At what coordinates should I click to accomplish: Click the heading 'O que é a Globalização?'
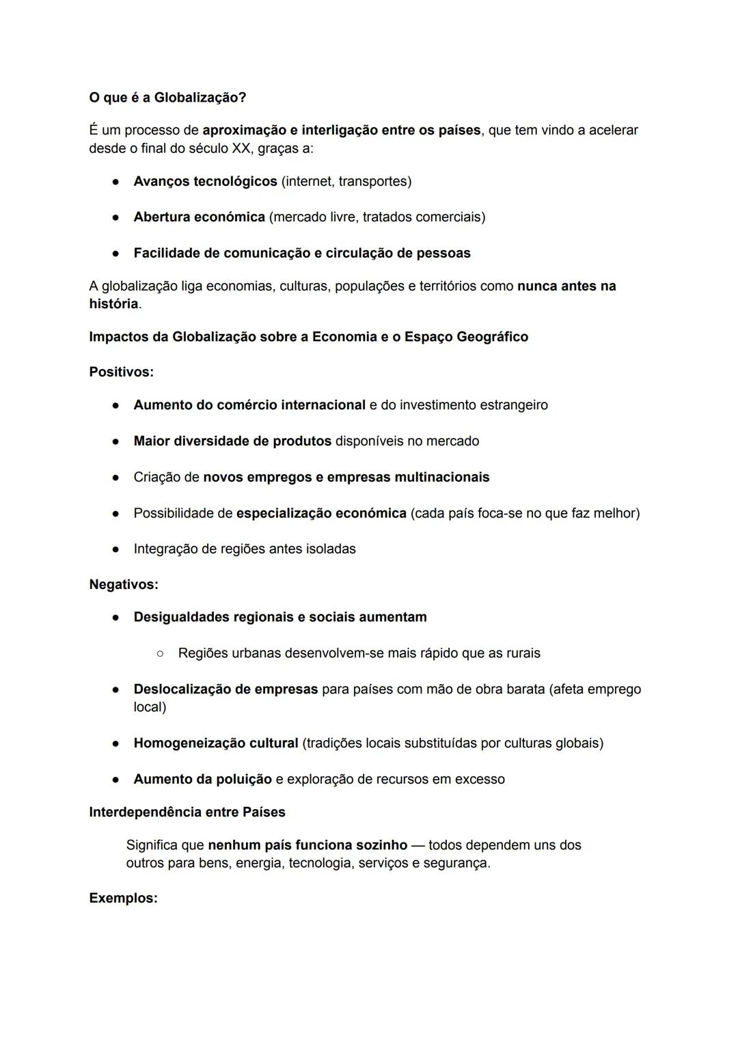(x=167, y=98)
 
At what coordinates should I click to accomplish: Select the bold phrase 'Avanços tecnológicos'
(x=205, y=182)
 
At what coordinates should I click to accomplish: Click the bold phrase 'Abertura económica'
(x=199, y=217)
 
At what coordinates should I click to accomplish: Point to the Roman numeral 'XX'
(x=241, y=148)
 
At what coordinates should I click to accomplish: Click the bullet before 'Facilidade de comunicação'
(x=117, y=253)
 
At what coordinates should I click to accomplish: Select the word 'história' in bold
(x=113, y=304)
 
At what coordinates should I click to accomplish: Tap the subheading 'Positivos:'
(x=121, y=372)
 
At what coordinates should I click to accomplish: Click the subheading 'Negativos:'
(x=123, y=585)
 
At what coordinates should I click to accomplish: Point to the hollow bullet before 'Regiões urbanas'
(x=160, y=654)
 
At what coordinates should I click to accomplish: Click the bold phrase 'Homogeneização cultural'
(x=216, y=743)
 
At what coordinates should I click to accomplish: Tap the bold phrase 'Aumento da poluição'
(x=202, y=780)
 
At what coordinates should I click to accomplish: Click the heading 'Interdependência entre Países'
(x=187, y=812)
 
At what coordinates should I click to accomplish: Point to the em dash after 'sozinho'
(x=418, y=845)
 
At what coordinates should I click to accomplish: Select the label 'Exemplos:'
(x=123, y=899)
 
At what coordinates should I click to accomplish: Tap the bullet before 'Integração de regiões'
(x=117, y=549)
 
